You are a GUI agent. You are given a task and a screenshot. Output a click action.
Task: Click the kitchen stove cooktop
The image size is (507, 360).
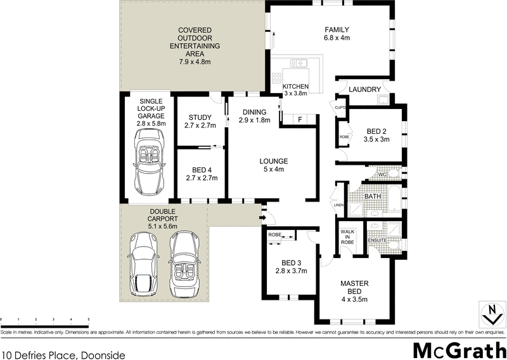point(278,79)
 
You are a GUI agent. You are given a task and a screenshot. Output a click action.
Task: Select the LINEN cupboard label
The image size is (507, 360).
point(338,205)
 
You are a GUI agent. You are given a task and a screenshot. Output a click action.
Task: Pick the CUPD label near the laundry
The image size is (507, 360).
point(340,108)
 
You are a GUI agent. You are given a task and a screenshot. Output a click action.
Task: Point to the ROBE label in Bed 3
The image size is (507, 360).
point(274,235)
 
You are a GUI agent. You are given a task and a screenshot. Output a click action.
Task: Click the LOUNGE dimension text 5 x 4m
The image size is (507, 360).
point(273,169)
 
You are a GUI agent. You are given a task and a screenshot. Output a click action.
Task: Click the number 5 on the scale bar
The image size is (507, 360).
point(88,319)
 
